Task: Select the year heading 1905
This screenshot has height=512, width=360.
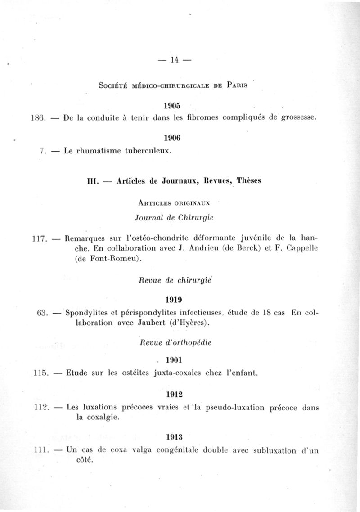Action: click(x=172, y=106)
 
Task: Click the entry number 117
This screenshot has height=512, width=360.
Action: click(x=41, y=239)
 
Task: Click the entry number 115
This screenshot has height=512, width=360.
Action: click(x=41, y=373)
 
